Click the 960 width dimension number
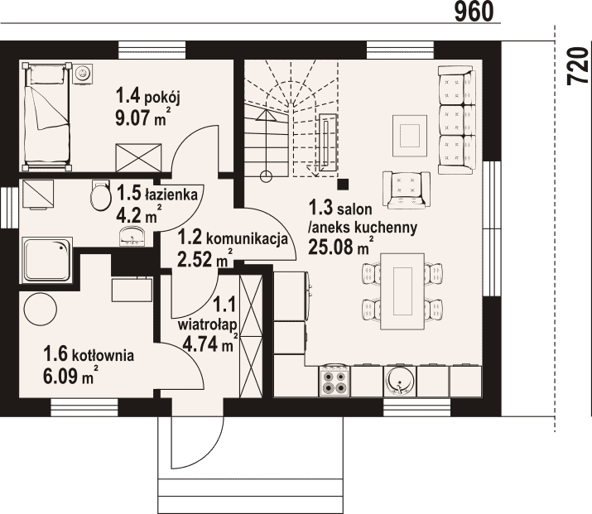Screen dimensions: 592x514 (x=474, y=12)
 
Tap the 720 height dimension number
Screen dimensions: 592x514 (x=578, y=65)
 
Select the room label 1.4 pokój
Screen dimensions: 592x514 (x=148, y=96)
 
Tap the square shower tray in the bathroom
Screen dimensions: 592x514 (x=47, y=260)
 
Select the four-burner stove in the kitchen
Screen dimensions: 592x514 (x=335, y=382)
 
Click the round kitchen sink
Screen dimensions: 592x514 (x=399, y=381)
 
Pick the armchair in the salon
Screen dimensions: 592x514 (x=407, y=190)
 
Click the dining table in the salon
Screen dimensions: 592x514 (x=402, y=291)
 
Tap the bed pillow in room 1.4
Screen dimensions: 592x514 (x=47, y=74)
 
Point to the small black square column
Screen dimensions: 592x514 (x=343, y=185)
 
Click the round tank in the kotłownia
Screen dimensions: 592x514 (x=41, y=309)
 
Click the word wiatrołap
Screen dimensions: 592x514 (x=208, y=324)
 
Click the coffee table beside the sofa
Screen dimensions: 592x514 (x=410, y=136)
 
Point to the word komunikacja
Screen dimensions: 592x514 (x=248, y=239)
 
